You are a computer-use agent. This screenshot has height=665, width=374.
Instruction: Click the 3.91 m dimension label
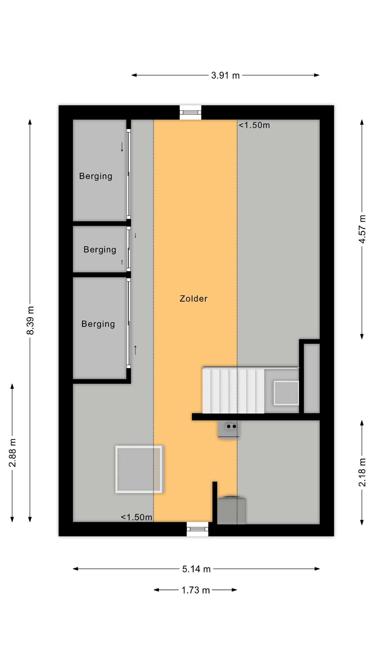click(225, 75)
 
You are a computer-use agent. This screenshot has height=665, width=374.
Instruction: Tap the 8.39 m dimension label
click(30, 320)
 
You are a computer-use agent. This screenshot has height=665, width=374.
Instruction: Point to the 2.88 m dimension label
click(12, 453)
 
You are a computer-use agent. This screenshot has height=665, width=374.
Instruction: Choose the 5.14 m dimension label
click(196, 569)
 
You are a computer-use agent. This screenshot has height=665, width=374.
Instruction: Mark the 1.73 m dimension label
click(195, 590)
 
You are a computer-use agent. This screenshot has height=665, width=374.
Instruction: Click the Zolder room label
click(193, 298)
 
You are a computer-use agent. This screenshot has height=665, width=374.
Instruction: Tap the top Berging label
click(96, 176)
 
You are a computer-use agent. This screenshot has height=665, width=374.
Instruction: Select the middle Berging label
click(100, 250)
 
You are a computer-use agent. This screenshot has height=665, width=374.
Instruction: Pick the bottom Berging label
click(98, 324)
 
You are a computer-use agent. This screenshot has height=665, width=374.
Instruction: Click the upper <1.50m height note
click(254, 125)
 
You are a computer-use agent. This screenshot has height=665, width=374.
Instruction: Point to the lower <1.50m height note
click(136, 517)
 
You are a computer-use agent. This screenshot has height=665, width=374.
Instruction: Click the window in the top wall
click(190, 112)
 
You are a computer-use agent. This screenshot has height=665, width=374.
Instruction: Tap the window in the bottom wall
click(197, 529)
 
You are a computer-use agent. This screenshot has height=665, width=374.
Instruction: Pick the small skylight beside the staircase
click(286, 393)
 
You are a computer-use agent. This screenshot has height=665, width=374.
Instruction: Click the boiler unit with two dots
click(228, 430)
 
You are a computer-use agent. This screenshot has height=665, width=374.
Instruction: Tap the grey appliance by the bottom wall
click(231, 510)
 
